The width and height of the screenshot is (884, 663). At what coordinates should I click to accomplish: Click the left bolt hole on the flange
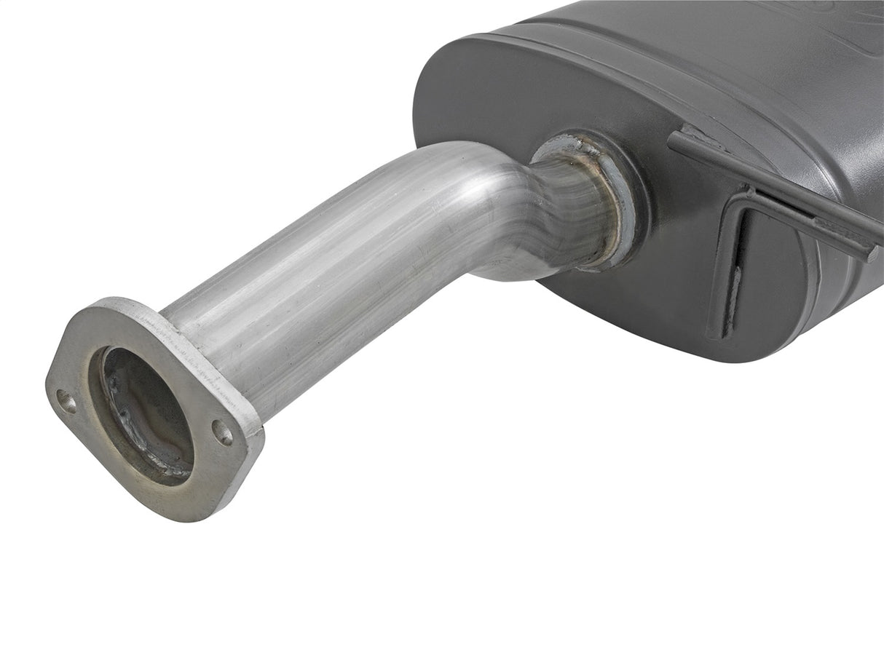pyautogui.click(x=66, y=401)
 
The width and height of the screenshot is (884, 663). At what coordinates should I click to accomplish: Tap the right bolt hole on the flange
pyautogui.click(x=222, y=433)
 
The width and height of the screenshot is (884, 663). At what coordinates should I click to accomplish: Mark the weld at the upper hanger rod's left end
pyautogui.click(x=688, y=138)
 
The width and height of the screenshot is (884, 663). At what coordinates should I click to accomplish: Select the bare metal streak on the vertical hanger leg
pyautogui.click(x=735, y=284)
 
